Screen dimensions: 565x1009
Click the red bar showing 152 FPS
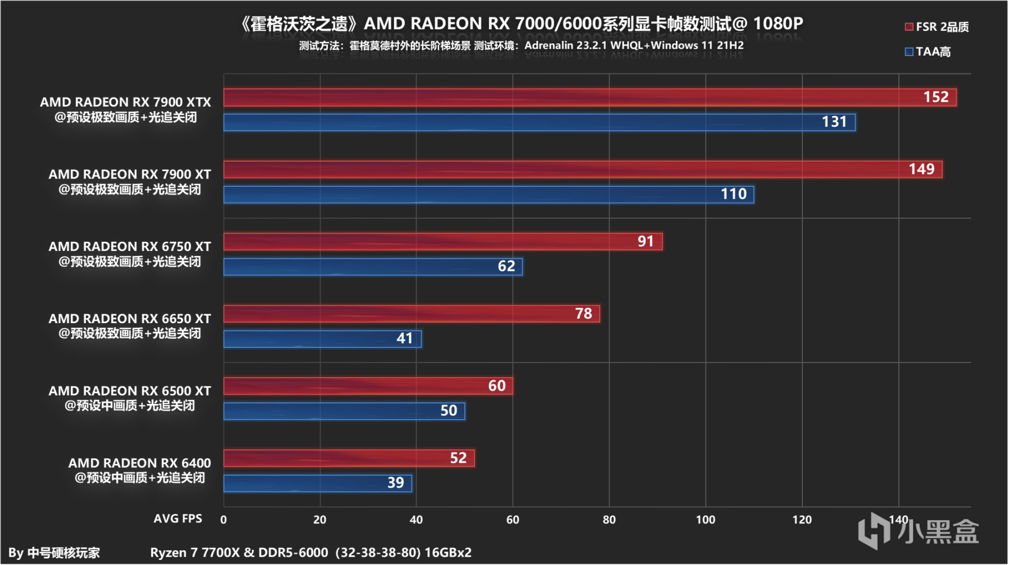[x=590, y=97]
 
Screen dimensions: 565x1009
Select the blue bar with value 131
[x=539, y=122]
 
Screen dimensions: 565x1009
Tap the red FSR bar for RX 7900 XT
[x=583, y=169]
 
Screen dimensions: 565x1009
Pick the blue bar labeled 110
[x=488, y=194]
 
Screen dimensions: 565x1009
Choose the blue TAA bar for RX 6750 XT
[x=373, y=267]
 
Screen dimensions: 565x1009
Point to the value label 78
[x=583, y=314]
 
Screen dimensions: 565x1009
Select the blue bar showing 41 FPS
[x=322, y=339]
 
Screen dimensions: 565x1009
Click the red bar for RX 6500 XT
[x=368, y=386]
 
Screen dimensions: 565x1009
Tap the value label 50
[x=449, y=411]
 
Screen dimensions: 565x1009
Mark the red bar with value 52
[x=349, y=458]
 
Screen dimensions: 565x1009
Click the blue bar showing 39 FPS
[x=317, y=483]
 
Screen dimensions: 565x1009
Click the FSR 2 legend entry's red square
[x=909, y=27]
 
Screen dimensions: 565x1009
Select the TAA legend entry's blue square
[x=909, y=52]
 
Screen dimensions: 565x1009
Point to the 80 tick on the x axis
[x=609, y=520]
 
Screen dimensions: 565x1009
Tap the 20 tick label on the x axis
[x=320, y=520]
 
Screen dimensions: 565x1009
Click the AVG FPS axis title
[x=178, y=519]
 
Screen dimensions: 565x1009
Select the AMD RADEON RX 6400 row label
[x=140, y=463]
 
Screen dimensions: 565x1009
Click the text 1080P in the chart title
[x=778, y=24]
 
